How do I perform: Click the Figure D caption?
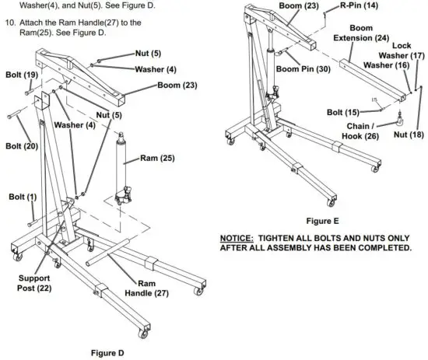(x=107, y=352)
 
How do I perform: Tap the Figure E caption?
(x=325, y=220)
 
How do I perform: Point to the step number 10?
(x=10, y=22)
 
